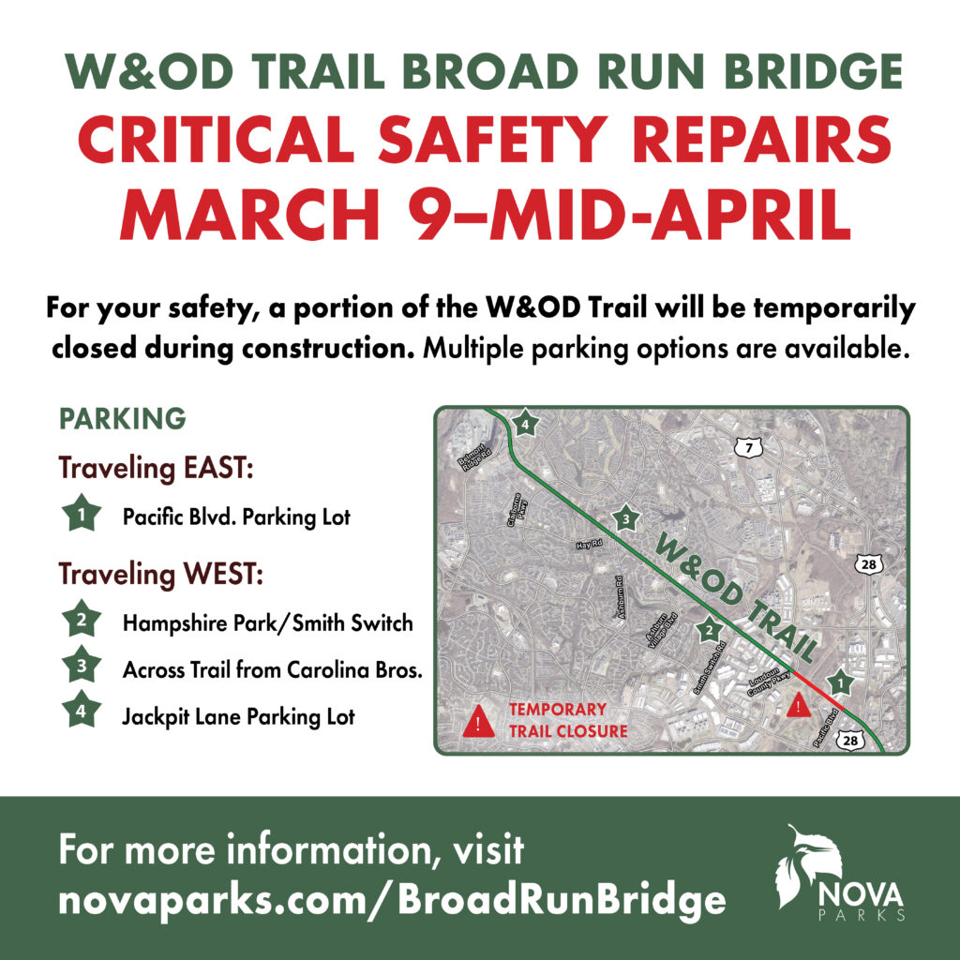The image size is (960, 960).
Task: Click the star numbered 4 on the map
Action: pyautogui.click(x=525, y=424)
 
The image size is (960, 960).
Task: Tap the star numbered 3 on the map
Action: pyautogui.click(x=624, y=517)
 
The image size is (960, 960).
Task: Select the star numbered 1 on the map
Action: pyautogui.click(x=841, y=682)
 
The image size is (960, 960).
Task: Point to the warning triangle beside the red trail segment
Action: pyautogui.click(x=798, y=705)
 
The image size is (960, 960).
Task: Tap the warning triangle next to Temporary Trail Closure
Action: pyautogui.click(x=479, y=721)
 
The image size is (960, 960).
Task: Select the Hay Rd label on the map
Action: pyautogui.click(x=587, y=544)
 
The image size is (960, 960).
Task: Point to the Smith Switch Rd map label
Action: pyautogui.click(x=710, y=667)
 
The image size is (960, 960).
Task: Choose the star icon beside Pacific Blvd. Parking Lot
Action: pyautogui.click(x=83, y=515)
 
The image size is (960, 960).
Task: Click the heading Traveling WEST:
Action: pyautogui.click(x=161, y=573)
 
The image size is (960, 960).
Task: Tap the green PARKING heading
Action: pyautogui.click(x=122, y=418)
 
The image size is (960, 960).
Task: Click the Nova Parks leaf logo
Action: pyautogui.click(x=797, y=864)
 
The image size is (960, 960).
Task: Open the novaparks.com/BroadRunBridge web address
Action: pyautogui.click(x=392, y=900)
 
